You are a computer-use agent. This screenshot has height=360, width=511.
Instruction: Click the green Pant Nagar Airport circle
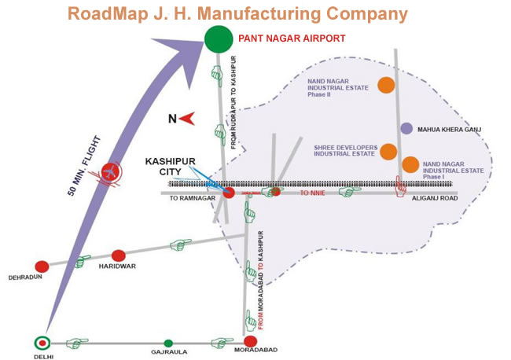tap(217, 37)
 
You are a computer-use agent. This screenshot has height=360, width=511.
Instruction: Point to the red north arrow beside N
tap(188, 119)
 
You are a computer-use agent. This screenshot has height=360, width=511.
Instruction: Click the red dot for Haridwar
tap(119, 255)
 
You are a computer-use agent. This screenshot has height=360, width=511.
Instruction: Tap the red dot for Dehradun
tap(42, 266)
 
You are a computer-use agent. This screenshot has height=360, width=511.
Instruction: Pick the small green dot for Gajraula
tap(167, 343)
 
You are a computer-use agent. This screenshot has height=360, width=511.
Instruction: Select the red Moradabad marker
tap(251, 341)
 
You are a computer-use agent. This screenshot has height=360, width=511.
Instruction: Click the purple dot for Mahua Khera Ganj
tap(406, 128)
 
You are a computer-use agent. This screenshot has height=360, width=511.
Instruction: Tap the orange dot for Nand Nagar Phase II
tap(386, 85)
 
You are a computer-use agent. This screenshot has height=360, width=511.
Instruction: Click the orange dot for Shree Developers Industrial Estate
tap(388, 151)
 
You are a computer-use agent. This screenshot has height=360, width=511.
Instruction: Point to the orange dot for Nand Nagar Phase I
tap(410, 164)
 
